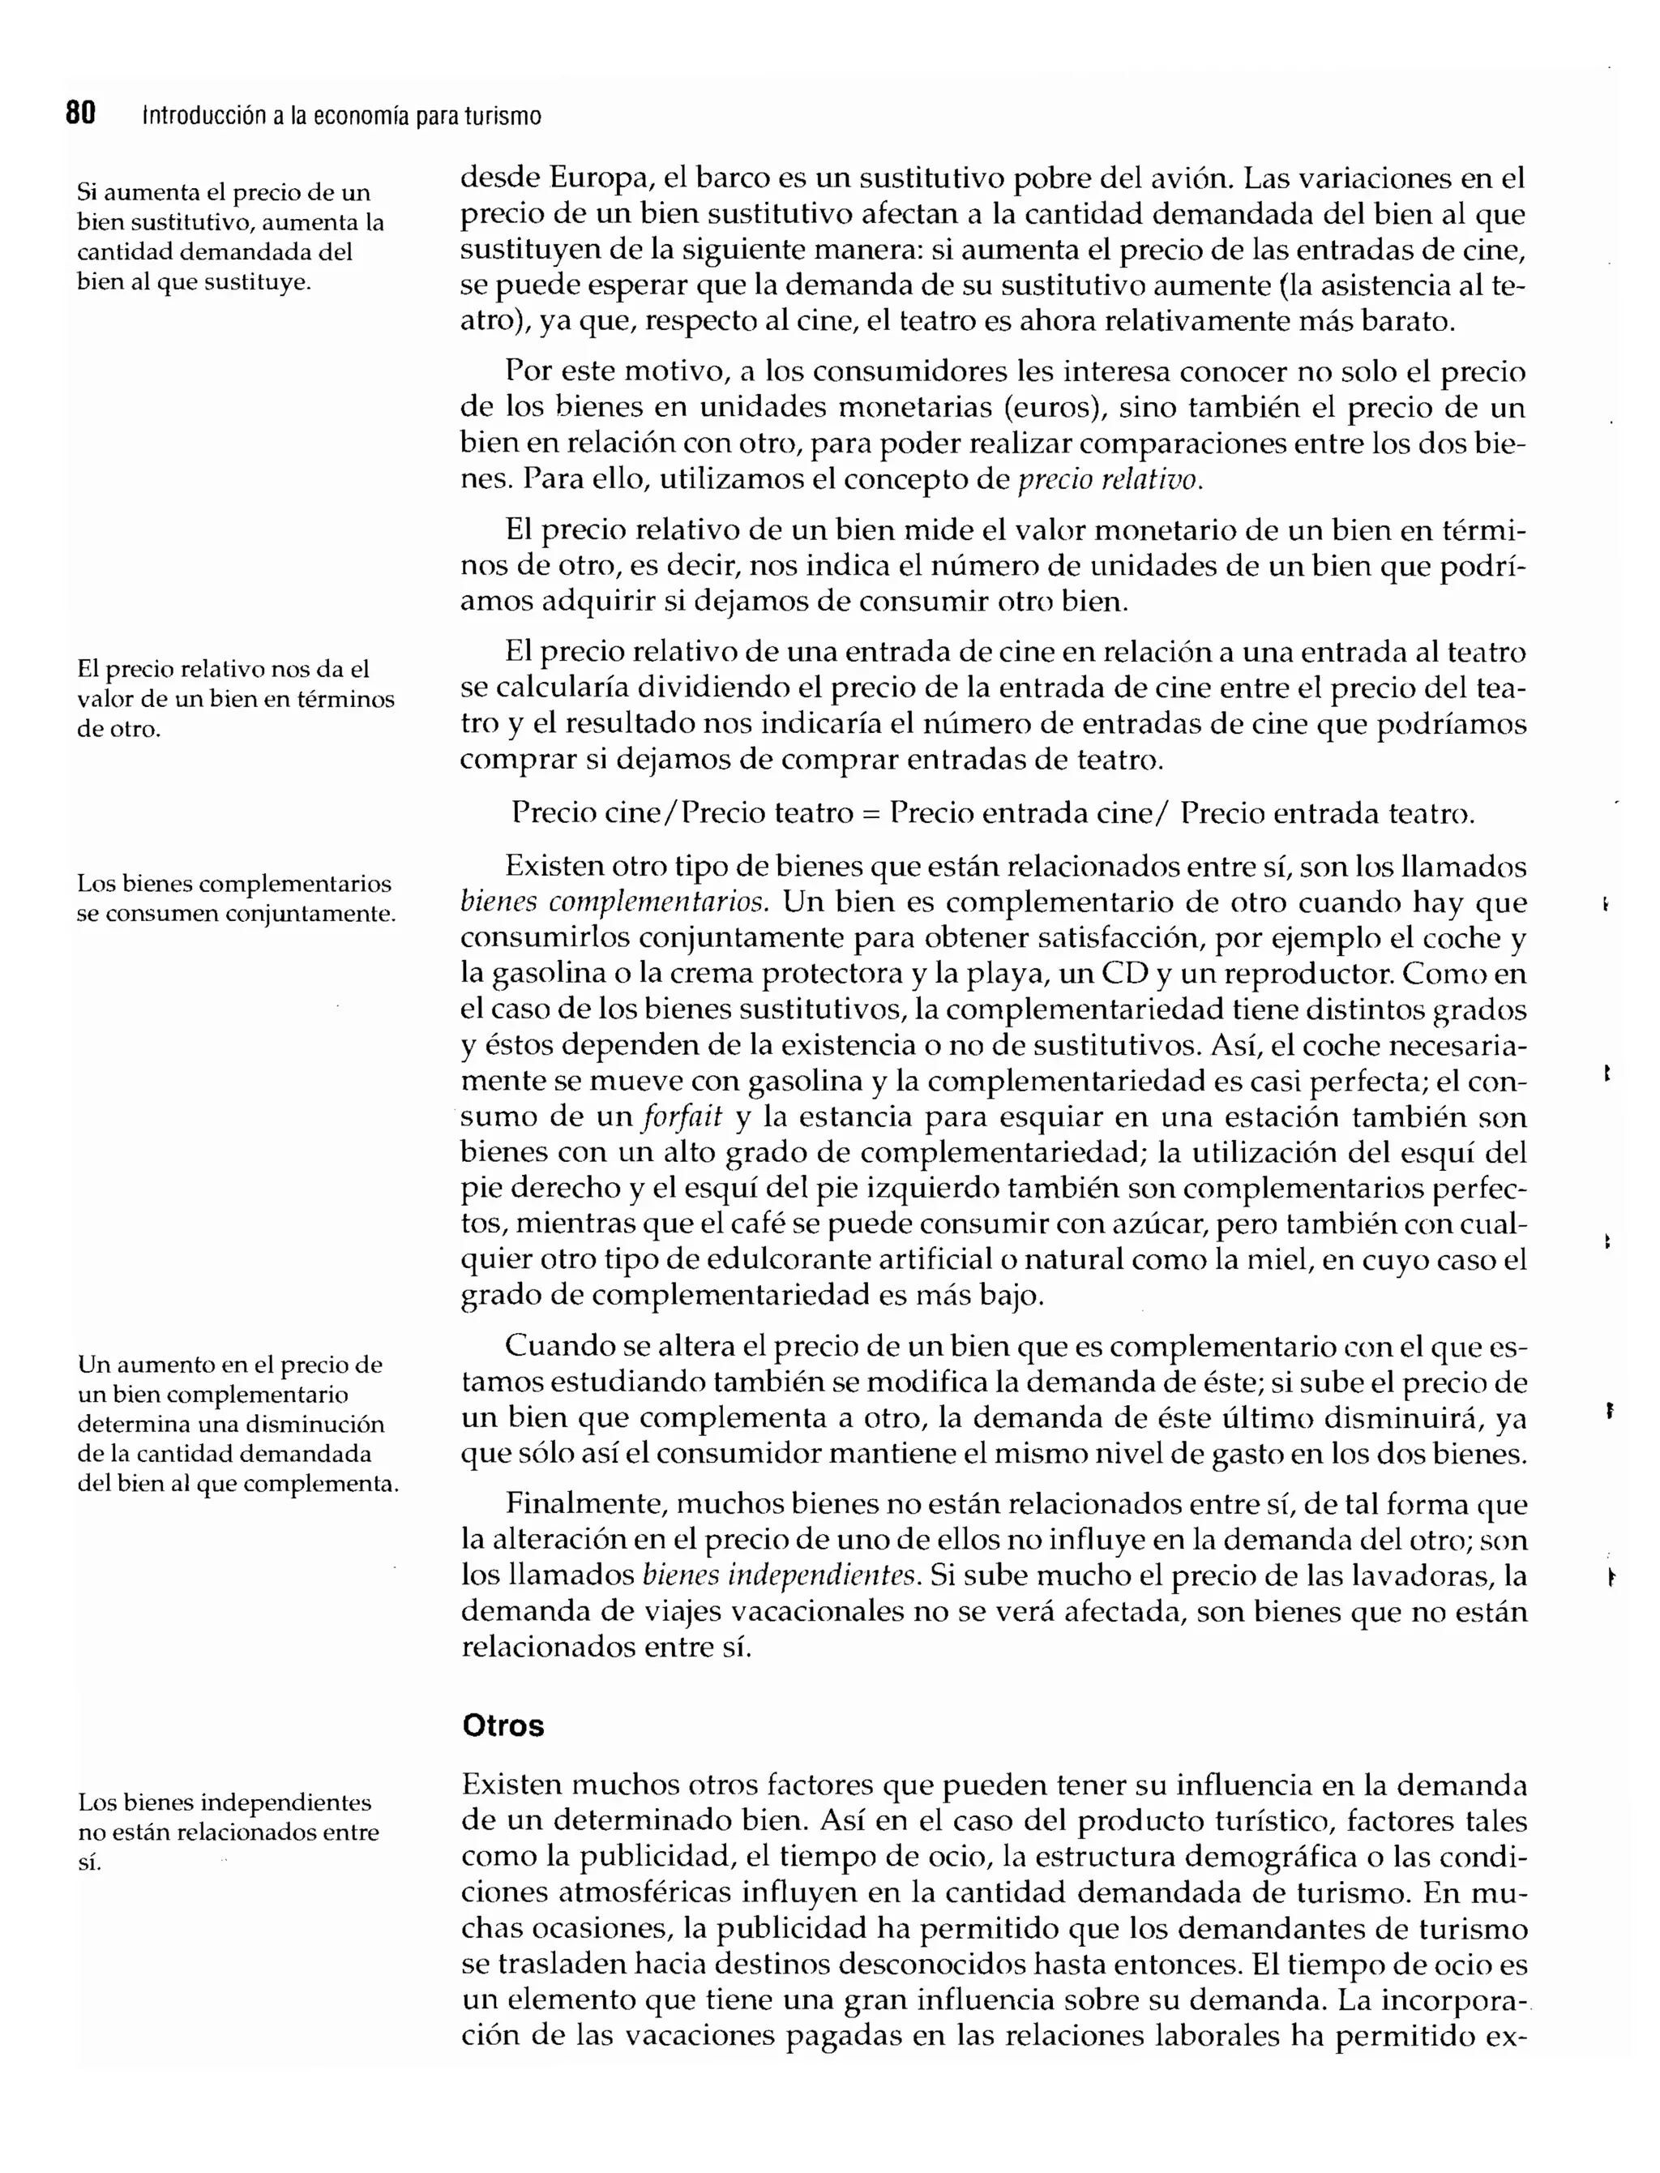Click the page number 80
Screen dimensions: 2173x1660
(80, 114)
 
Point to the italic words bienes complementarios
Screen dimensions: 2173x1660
(614, 902)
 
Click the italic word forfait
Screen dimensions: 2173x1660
(682, 1117)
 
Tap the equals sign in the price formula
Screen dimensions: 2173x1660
(871, 813)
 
